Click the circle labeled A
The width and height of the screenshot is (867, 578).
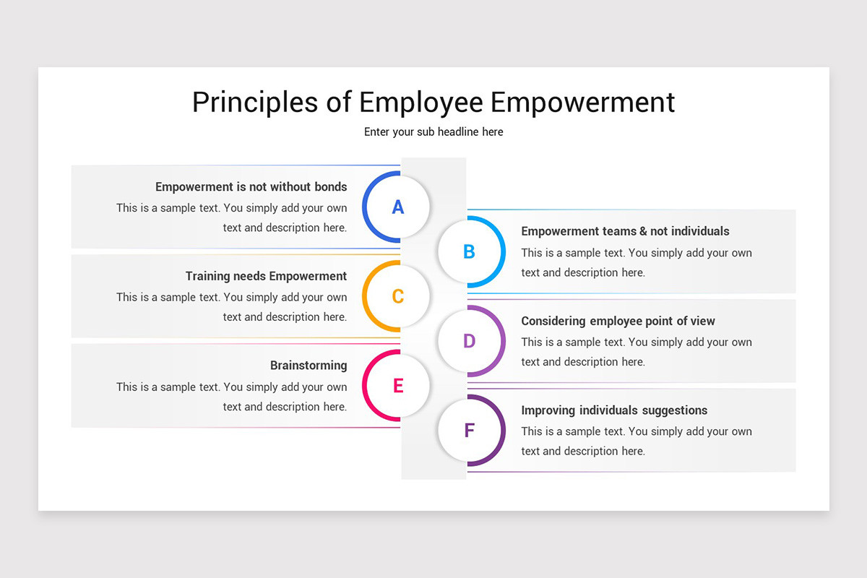397,207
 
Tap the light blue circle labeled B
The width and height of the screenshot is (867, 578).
469,252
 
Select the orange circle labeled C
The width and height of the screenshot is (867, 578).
397,296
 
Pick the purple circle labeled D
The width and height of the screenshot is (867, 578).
469,341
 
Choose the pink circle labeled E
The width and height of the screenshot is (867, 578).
397,386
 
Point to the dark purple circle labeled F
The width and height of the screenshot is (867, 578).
469,431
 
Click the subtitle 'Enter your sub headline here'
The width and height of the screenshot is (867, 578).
433,131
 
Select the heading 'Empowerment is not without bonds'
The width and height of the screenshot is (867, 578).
251,186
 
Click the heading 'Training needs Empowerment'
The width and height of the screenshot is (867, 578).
266,276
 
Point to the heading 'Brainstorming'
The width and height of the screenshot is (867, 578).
309,366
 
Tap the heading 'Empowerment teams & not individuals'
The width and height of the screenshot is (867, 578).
625,231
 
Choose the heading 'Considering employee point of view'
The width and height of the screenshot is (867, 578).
618,321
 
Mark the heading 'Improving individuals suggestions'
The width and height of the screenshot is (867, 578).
614,410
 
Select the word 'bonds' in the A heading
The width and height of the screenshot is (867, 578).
330,186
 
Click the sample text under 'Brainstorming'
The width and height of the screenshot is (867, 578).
231,397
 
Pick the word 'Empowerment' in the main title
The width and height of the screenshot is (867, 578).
582,103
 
